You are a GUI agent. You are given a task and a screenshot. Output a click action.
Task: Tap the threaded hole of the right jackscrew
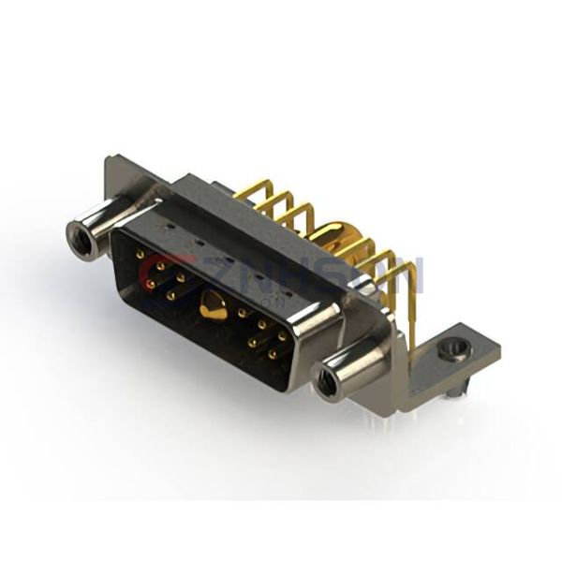(x=327, y=382)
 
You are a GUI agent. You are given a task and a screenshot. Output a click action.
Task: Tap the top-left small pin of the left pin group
(x=140, y=254)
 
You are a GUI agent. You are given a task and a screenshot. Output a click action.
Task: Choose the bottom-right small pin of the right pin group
(x=273, y=355)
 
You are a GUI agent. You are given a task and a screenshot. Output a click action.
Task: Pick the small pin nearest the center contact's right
(x=242, y=314)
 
